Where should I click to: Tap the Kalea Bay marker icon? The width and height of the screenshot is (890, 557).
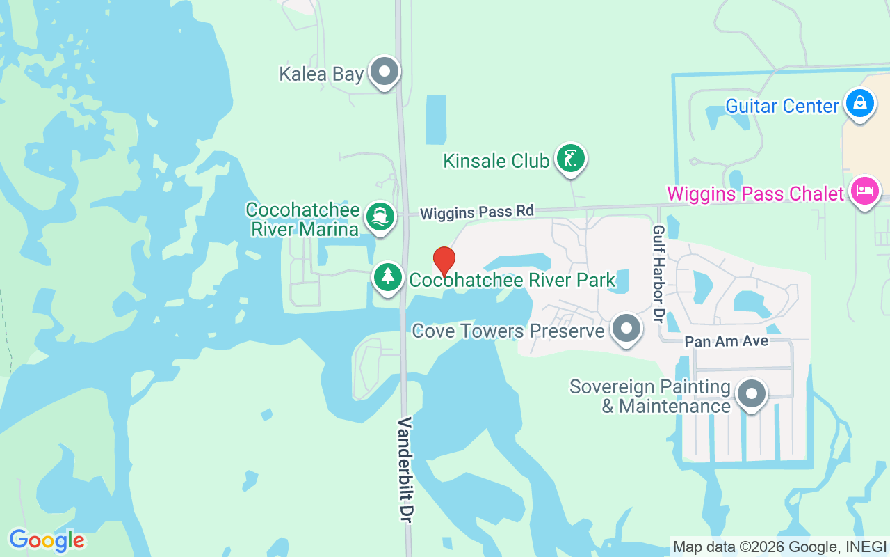[384, 71]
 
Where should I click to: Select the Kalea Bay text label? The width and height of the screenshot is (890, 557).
[321, 74]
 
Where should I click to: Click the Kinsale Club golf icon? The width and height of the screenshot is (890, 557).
[570, 159]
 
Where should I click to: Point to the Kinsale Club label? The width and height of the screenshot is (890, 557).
[496, 161]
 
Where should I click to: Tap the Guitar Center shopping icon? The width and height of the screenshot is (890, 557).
[860, 103]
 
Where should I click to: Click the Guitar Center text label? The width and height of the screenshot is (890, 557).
[782, 106]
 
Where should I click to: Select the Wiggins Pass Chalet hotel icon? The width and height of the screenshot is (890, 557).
[865, 191]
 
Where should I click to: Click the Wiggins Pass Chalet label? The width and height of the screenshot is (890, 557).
[756, 194]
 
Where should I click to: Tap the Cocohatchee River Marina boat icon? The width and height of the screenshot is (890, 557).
[379, 217]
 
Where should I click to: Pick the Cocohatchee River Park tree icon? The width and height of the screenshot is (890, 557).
[388, 277]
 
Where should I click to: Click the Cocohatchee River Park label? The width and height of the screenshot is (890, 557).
[512, 280]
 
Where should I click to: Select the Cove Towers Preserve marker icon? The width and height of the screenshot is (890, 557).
[626, 328]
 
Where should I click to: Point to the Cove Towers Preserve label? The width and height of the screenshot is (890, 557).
[508, 331]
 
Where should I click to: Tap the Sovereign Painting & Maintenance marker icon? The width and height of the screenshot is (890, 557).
[751, 393]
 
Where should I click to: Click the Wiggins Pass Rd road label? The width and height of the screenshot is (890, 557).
[477, 212]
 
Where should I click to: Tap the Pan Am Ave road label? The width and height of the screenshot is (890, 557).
[727, 341]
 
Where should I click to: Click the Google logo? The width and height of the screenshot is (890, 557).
[47, 540]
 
